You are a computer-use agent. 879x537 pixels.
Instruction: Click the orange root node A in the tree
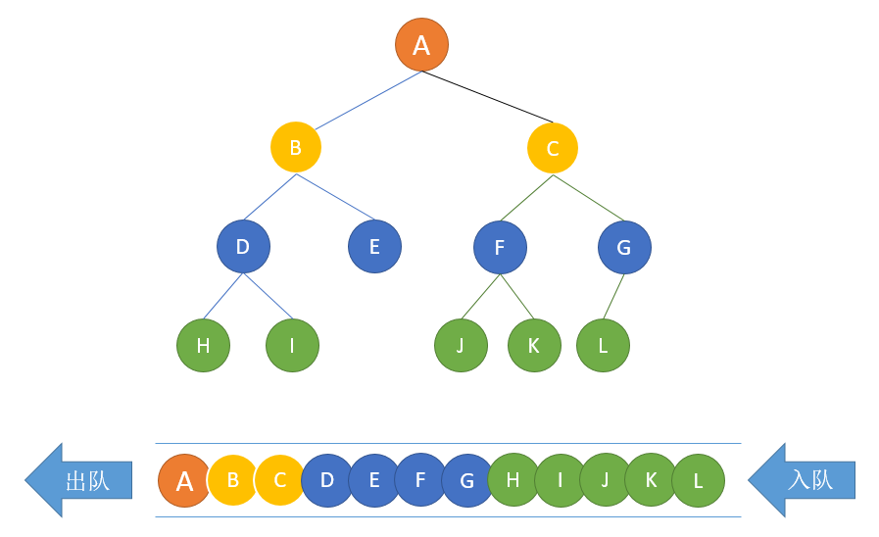pos(421,45)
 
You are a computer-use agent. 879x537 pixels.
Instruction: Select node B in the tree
pos(296,147)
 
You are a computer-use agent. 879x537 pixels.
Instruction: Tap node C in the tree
pos(553,149)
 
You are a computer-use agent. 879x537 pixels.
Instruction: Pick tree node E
pos(374,247)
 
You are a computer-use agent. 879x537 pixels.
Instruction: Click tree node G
pos(624,247)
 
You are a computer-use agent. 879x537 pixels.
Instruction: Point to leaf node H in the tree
pos(204,345)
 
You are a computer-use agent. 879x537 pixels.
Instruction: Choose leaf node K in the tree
pos(534,345)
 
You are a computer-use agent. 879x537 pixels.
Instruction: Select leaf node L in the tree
pos(604,345)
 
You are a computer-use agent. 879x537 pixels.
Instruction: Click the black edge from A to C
pos(487,97)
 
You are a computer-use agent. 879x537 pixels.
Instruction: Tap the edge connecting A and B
pos(368,100)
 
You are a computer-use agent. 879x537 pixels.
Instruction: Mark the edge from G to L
pos(613,297)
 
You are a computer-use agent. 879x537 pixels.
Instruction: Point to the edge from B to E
pos(335,197)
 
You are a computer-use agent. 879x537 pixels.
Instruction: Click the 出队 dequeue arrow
pos(78,480)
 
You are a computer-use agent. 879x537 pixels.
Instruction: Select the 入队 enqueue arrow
pos(802,480)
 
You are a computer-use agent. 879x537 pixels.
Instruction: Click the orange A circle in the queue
pos(184,480)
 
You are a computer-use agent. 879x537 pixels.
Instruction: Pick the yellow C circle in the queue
pos(279,480)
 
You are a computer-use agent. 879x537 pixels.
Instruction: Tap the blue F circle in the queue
pos(420,480)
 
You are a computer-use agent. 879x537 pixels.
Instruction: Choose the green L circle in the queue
pos(699,480)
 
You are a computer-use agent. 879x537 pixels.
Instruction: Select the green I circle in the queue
pos(560,480)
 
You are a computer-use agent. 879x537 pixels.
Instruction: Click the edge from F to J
pos(480,297)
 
